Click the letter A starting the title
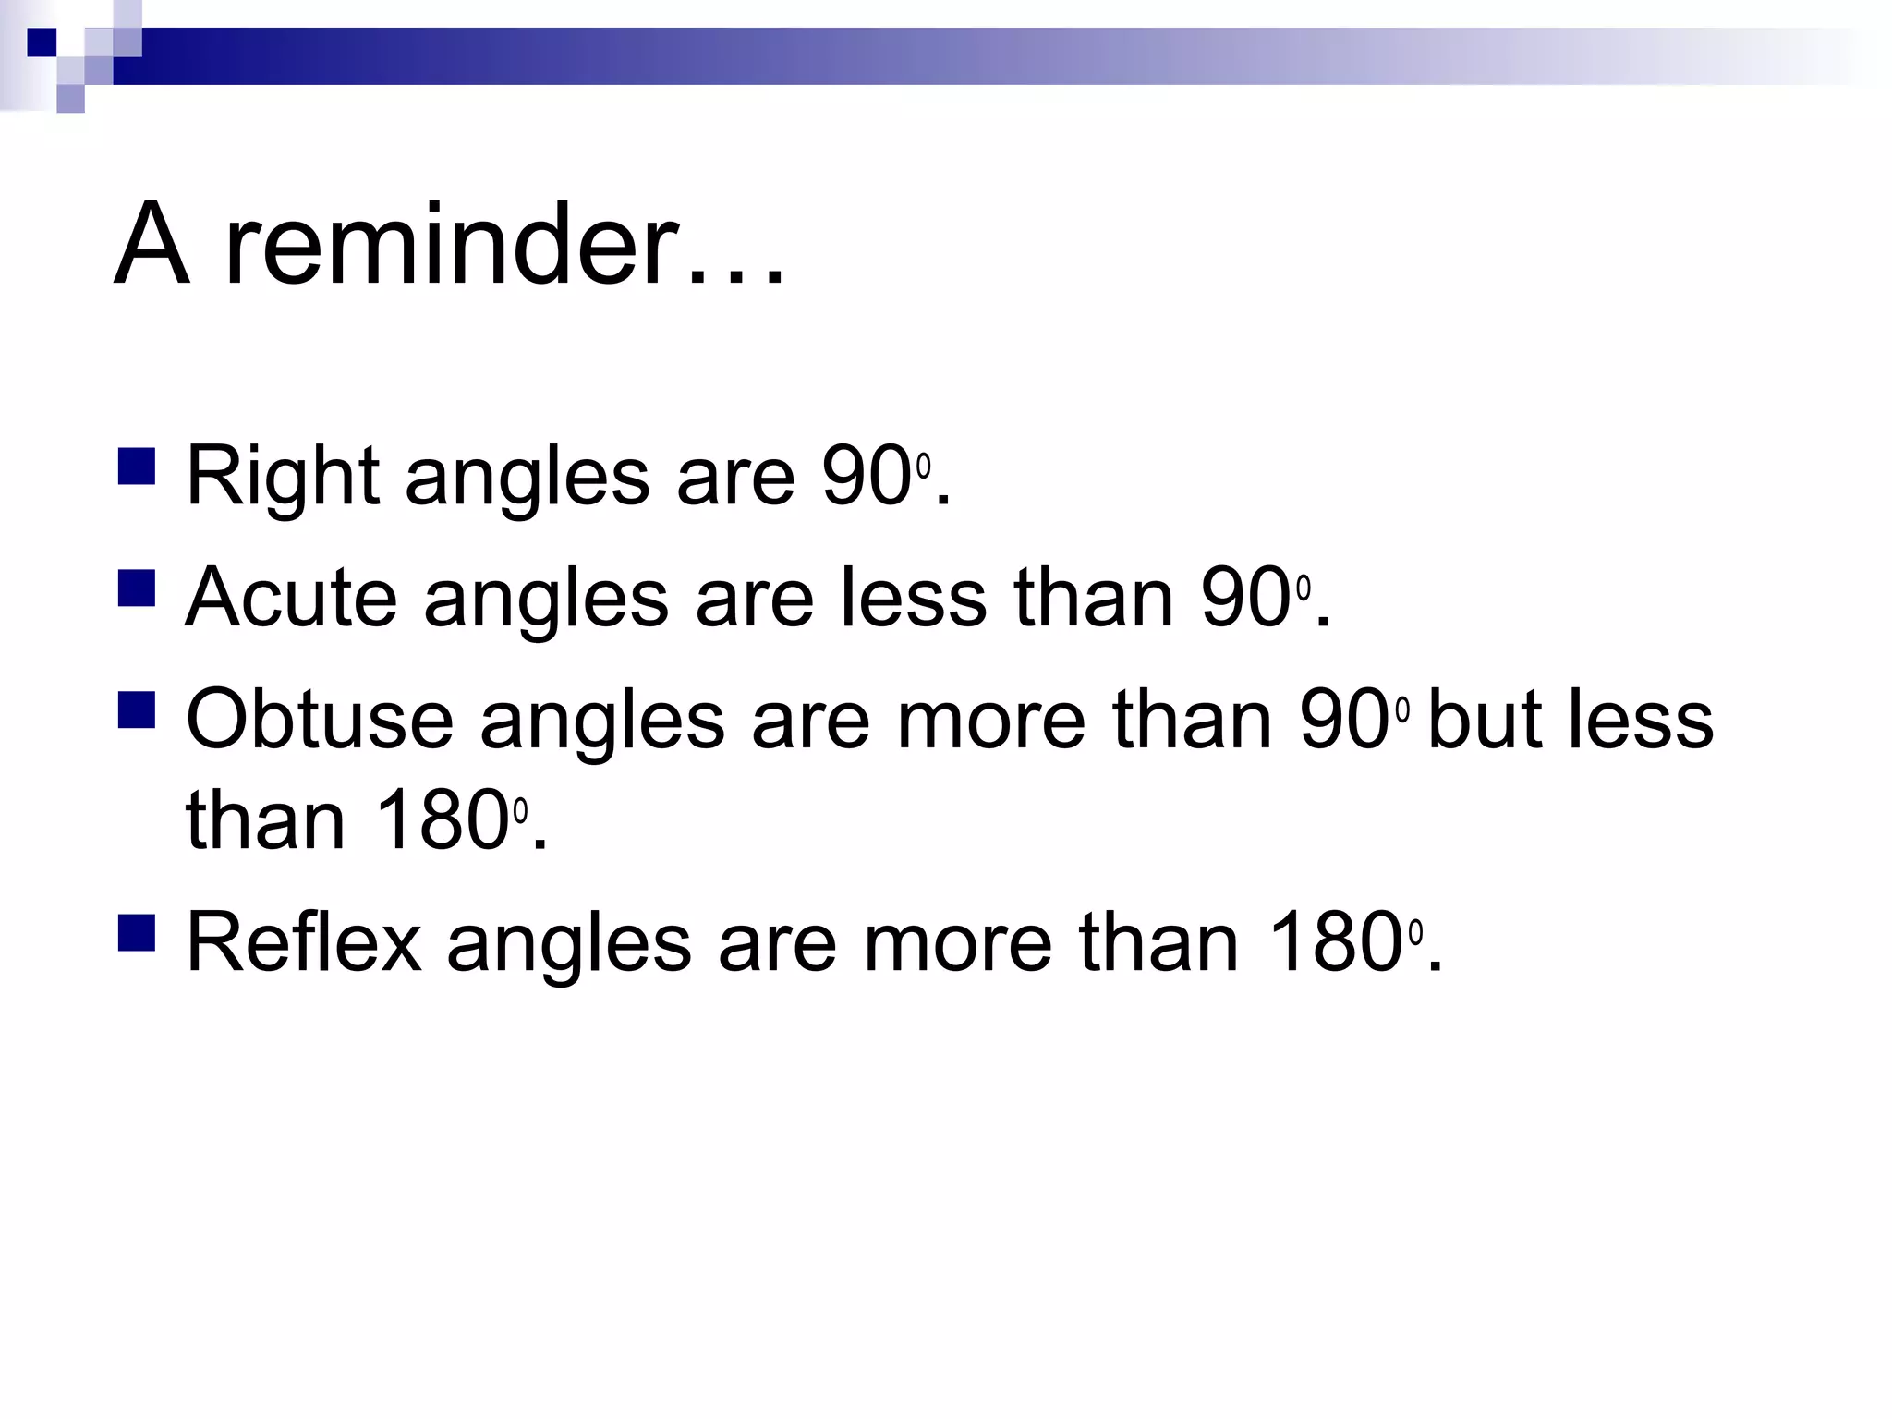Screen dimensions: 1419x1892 point(152,243)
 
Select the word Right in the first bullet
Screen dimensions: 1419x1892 point(283,477)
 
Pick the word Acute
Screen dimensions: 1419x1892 point(292,598)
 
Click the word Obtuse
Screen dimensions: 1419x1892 point(320,720)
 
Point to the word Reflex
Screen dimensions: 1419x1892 point(304,942)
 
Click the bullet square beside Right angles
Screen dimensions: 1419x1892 point(137,467)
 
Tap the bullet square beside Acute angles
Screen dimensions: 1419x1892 point(137,588)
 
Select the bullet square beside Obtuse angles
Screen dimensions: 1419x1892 point(137,709)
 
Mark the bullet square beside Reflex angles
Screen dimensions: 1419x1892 point(137,933)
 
